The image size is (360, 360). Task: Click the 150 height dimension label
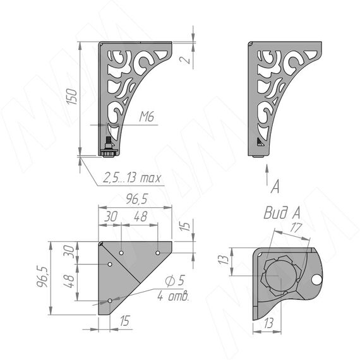point(71,97)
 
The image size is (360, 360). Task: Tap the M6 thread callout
point(147,117)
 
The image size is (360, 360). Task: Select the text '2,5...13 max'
point(132,177)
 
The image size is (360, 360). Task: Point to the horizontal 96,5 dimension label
point(136,199)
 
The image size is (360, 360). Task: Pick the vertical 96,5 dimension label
point(42,277)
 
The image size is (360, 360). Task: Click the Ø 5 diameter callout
point(175,280)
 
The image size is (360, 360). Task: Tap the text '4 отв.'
point(173,296)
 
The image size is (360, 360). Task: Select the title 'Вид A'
point(282,213)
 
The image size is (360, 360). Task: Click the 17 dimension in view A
point(296,227)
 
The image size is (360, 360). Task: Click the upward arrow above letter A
point(267,175)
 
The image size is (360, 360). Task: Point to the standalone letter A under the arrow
point(275,186)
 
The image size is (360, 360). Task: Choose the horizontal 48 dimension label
point(140,217)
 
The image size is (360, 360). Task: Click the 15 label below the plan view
point(124,320)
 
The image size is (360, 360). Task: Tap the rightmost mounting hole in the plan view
point(158,253)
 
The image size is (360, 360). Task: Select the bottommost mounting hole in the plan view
point(110,301)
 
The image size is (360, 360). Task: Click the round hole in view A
point(317,279)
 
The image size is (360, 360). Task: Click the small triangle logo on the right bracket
point(260,142)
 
